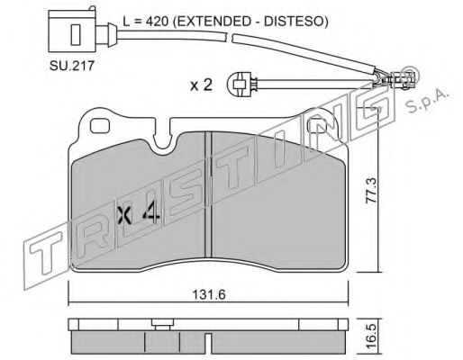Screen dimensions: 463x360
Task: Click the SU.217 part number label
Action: point(72,66)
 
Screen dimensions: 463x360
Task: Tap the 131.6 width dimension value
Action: point(209,294)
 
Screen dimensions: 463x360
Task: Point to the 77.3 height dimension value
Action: point(370,191)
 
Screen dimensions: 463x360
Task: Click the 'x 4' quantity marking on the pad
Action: point(138,214)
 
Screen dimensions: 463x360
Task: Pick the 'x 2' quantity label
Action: point(202,85)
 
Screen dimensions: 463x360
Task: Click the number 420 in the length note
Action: point(156,22)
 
